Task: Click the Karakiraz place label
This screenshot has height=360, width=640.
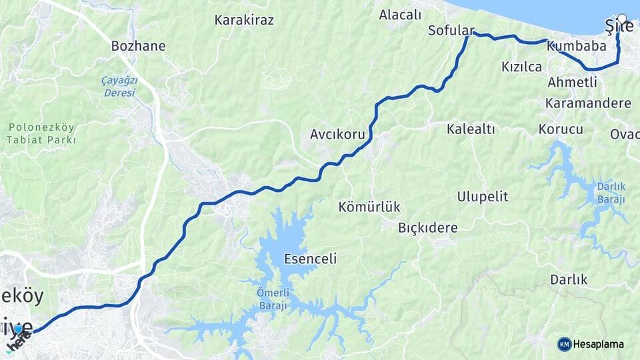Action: tap(244, 20)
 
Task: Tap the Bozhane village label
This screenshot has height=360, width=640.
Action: tap(138, 47)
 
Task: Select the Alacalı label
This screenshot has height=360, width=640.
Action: tap(400, 15)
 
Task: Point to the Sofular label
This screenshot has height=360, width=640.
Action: tap(451, 31)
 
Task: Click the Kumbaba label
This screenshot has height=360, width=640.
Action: tap(576, 47)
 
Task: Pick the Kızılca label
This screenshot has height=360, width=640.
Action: tap(521, 67)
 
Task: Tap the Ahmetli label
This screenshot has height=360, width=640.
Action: tap(572, 83)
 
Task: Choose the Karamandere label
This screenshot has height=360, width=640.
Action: tap(588, 103)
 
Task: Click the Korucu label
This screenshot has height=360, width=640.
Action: tap(561, 129)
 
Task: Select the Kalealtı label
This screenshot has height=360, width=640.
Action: tap(471, 129)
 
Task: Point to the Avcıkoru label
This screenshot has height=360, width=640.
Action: tap(337, 135)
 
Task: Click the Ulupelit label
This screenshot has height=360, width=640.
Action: tap(483, 197)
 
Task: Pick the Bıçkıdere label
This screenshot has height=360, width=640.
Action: tap(428, 228)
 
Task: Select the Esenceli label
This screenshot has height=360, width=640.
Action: tap(310, 259)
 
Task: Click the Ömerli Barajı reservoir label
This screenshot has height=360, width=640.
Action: tap(271, 300)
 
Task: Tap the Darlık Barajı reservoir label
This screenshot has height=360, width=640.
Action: tap(611, 193)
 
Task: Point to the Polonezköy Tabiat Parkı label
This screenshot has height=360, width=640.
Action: tap(41, 133)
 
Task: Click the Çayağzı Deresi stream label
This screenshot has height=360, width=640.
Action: tap(119, 87)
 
